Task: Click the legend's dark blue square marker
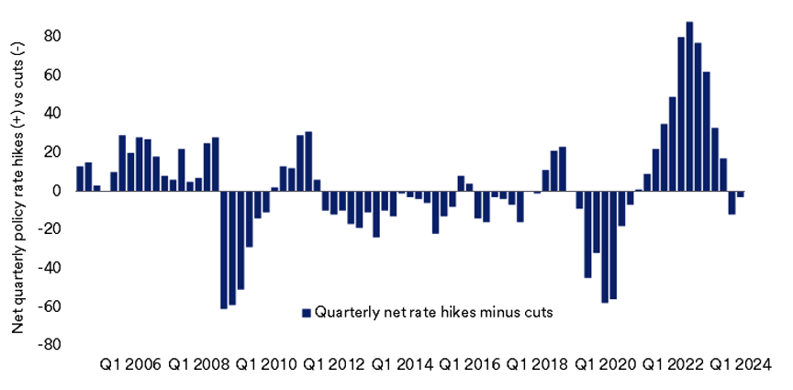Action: pyautogui.click(x=307, y=312)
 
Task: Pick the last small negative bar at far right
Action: pyautogui.click(x=740, y=194)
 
